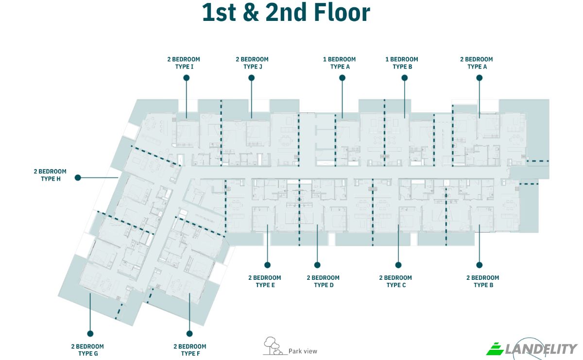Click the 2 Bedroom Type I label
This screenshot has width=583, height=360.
click(x=184, y=63)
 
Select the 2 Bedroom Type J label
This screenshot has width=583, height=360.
click(x=252, y=63)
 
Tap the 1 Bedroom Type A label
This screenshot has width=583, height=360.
click(x=340, y=63)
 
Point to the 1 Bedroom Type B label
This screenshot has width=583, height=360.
click(x=402, y=63)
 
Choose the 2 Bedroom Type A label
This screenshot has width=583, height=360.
click(x=477, y=63)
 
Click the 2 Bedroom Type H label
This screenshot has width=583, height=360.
click(x=50, y=175)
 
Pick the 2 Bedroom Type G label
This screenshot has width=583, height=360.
click(x=88, y=350)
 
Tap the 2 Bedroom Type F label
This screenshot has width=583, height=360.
click(x=190, y=350)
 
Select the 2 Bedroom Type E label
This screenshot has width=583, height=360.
click(x=265, y=281)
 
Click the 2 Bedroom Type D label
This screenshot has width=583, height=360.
click(x=323, y=281)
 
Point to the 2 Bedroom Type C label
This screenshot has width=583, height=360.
click(x=395, y=281)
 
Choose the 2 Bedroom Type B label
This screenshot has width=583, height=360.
click(x=483, y=281)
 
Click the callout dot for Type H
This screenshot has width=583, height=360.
click(x=78, y=177)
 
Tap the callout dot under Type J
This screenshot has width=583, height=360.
click(x=252, y=78)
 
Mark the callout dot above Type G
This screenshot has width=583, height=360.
click(x=90, y=333)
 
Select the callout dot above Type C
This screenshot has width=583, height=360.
click(x=398, y=265)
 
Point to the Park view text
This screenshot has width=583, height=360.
click(x=303, y=351)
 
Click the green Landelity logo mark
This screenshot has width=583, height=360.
click(x=495, y=349)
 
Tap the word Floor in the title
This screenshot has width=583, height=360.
click(x=342, y=12)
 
